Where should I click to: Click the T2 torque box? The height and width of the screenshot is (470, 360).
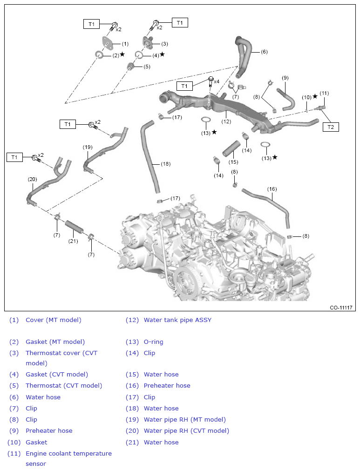coord(330,127)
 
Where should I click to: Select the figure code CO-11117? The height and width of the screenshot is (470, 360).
coord(341,308)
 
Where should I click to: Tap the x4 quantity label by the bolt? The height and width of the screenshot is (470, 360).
coord(217,81)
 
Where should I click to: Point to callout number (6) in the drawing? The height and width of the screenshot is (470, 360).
coord(264,52)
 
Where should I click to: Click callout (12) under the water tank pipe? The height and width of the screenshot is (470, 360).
coord(226,121)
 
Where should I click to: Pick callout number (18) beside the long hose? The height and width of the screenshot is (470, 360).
coord(166,164)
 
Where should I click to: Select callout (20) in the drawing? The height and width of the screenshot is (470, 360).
coord(32,179)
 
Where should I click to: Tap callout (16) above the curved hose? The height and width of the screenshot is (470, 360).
coord(272,189)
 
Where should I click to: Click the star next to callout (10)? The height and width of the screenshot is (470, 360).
coord(315,96)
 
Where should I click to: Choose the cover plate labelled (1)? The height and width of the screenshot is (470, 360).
coord(108,44)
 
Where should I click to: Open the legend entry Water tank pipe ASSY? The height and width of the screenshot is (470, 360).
coord(177,320)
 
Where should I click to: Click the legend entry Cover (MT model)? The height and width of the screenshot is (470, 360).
coord(53,320)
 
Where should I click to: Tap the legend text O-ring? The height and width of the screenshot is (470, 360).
coord(153,342)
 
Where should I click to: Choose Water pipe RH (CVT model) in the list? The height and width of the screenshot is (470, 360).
coord(186,430)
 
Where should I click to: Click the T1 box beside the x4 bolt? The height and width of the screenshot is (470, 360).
coord(184,86)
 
